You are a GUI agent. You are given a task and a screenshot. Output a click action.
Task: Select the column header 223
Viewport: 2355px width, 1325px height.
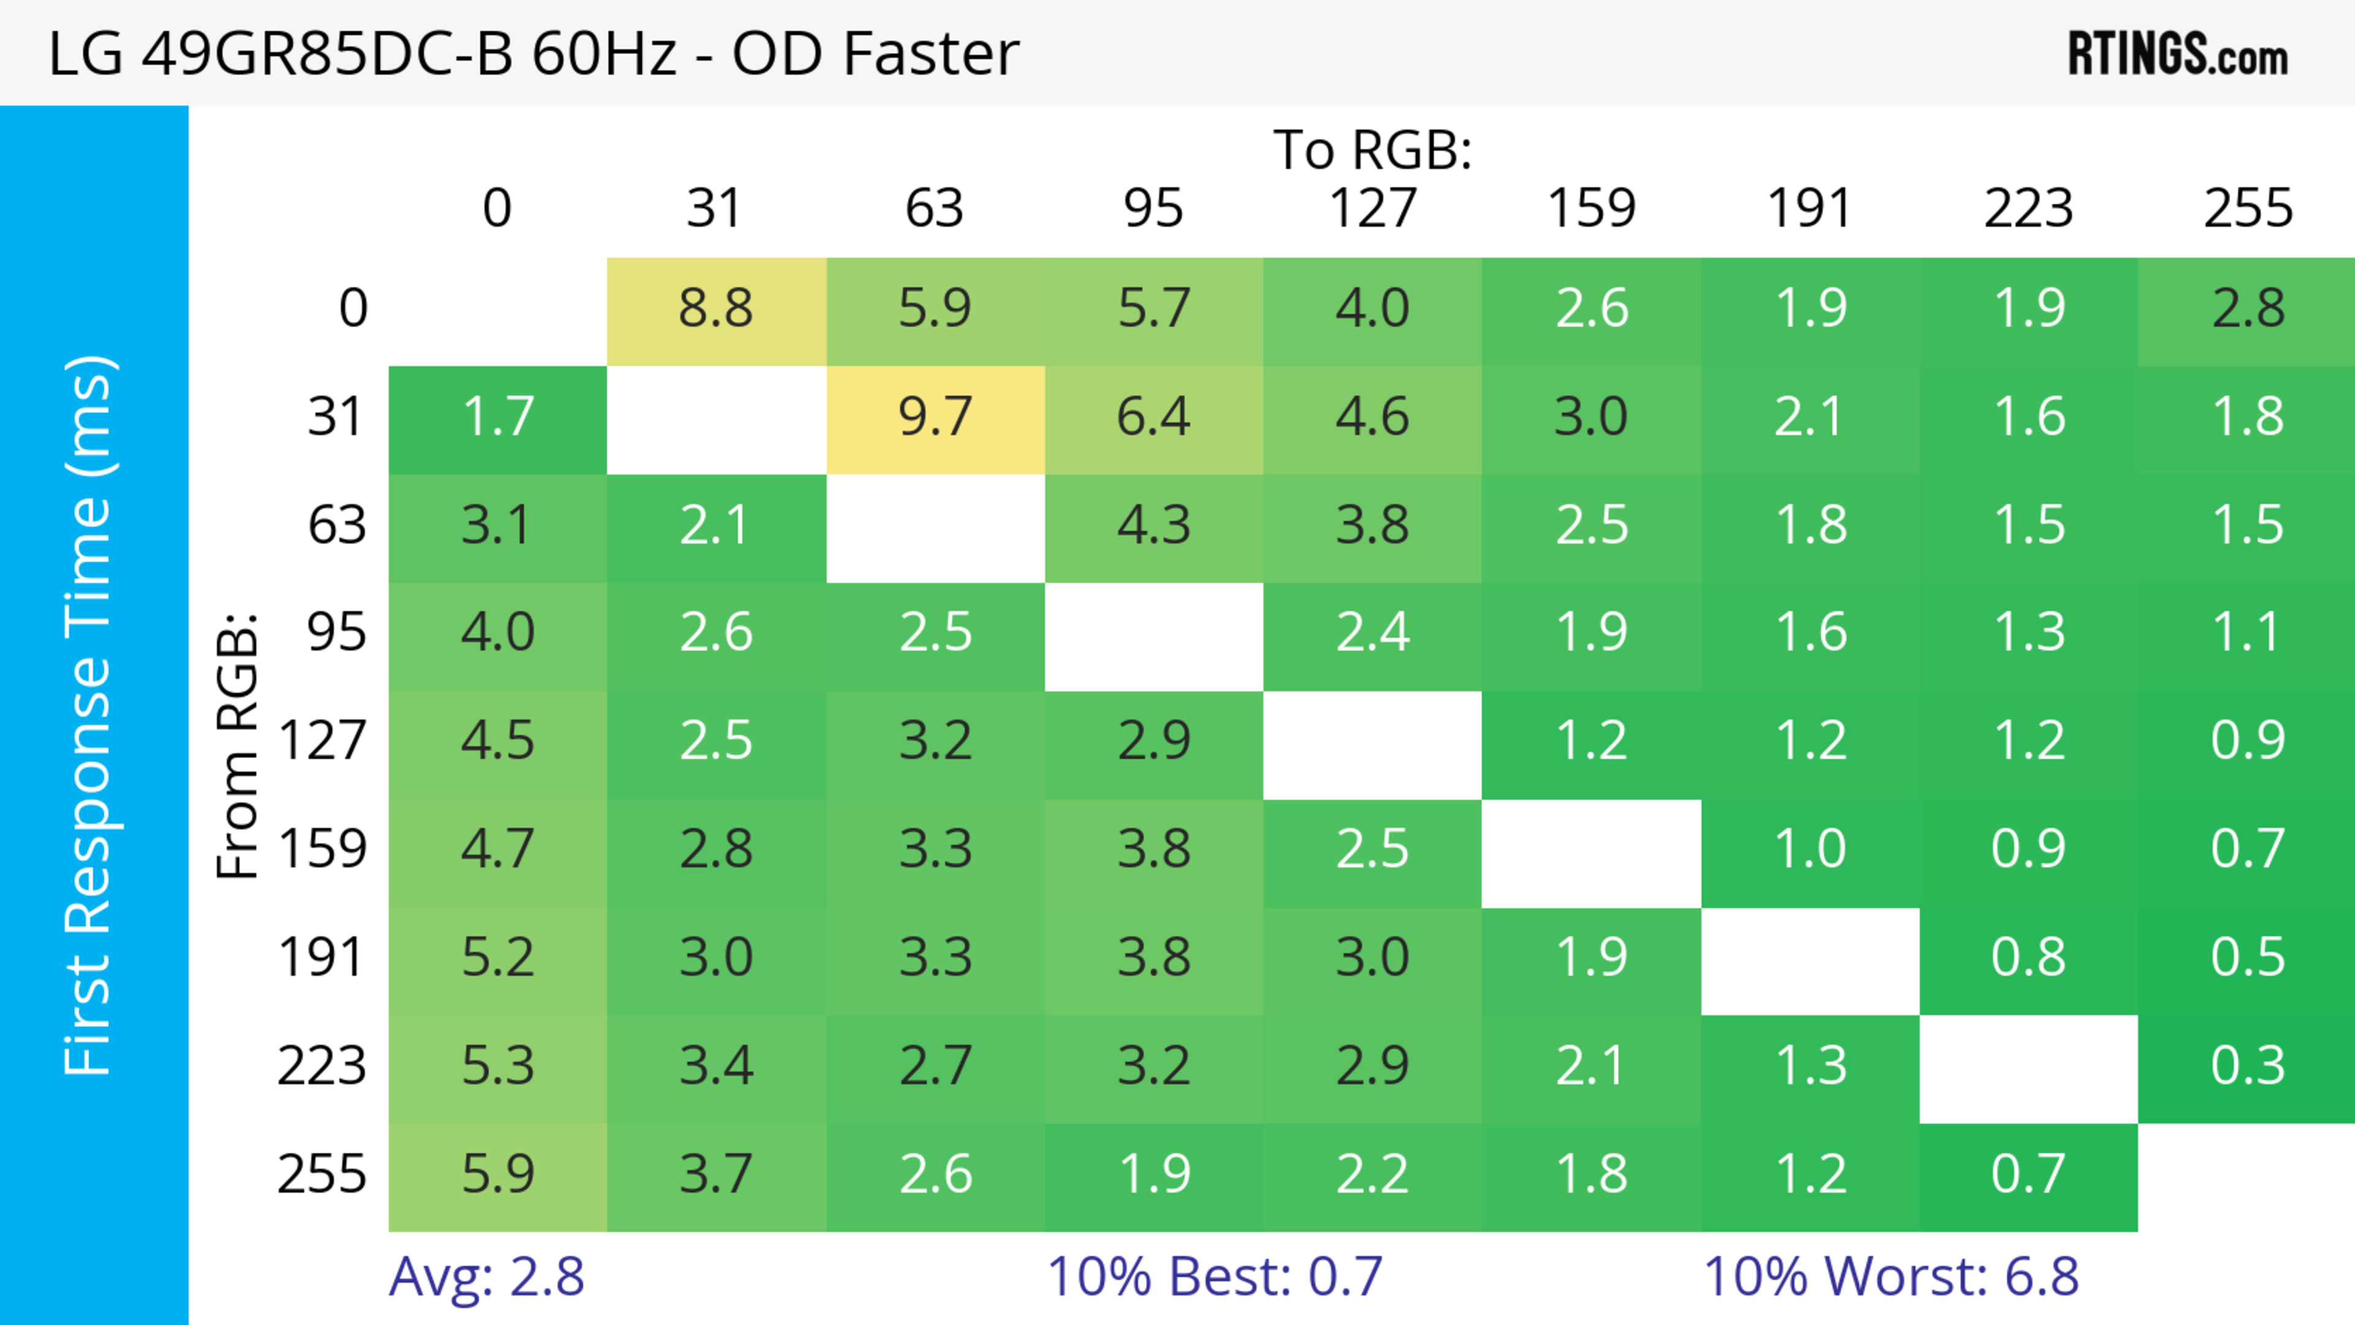tap(2028, 209)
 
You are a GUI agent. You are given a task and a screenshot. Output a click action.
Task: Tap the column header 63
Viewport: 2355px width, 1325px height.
tap(934, 209)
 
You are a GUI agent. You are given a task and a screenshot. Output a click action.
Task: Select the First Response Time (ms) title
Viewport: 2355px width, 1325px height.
tap(90, 716)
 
